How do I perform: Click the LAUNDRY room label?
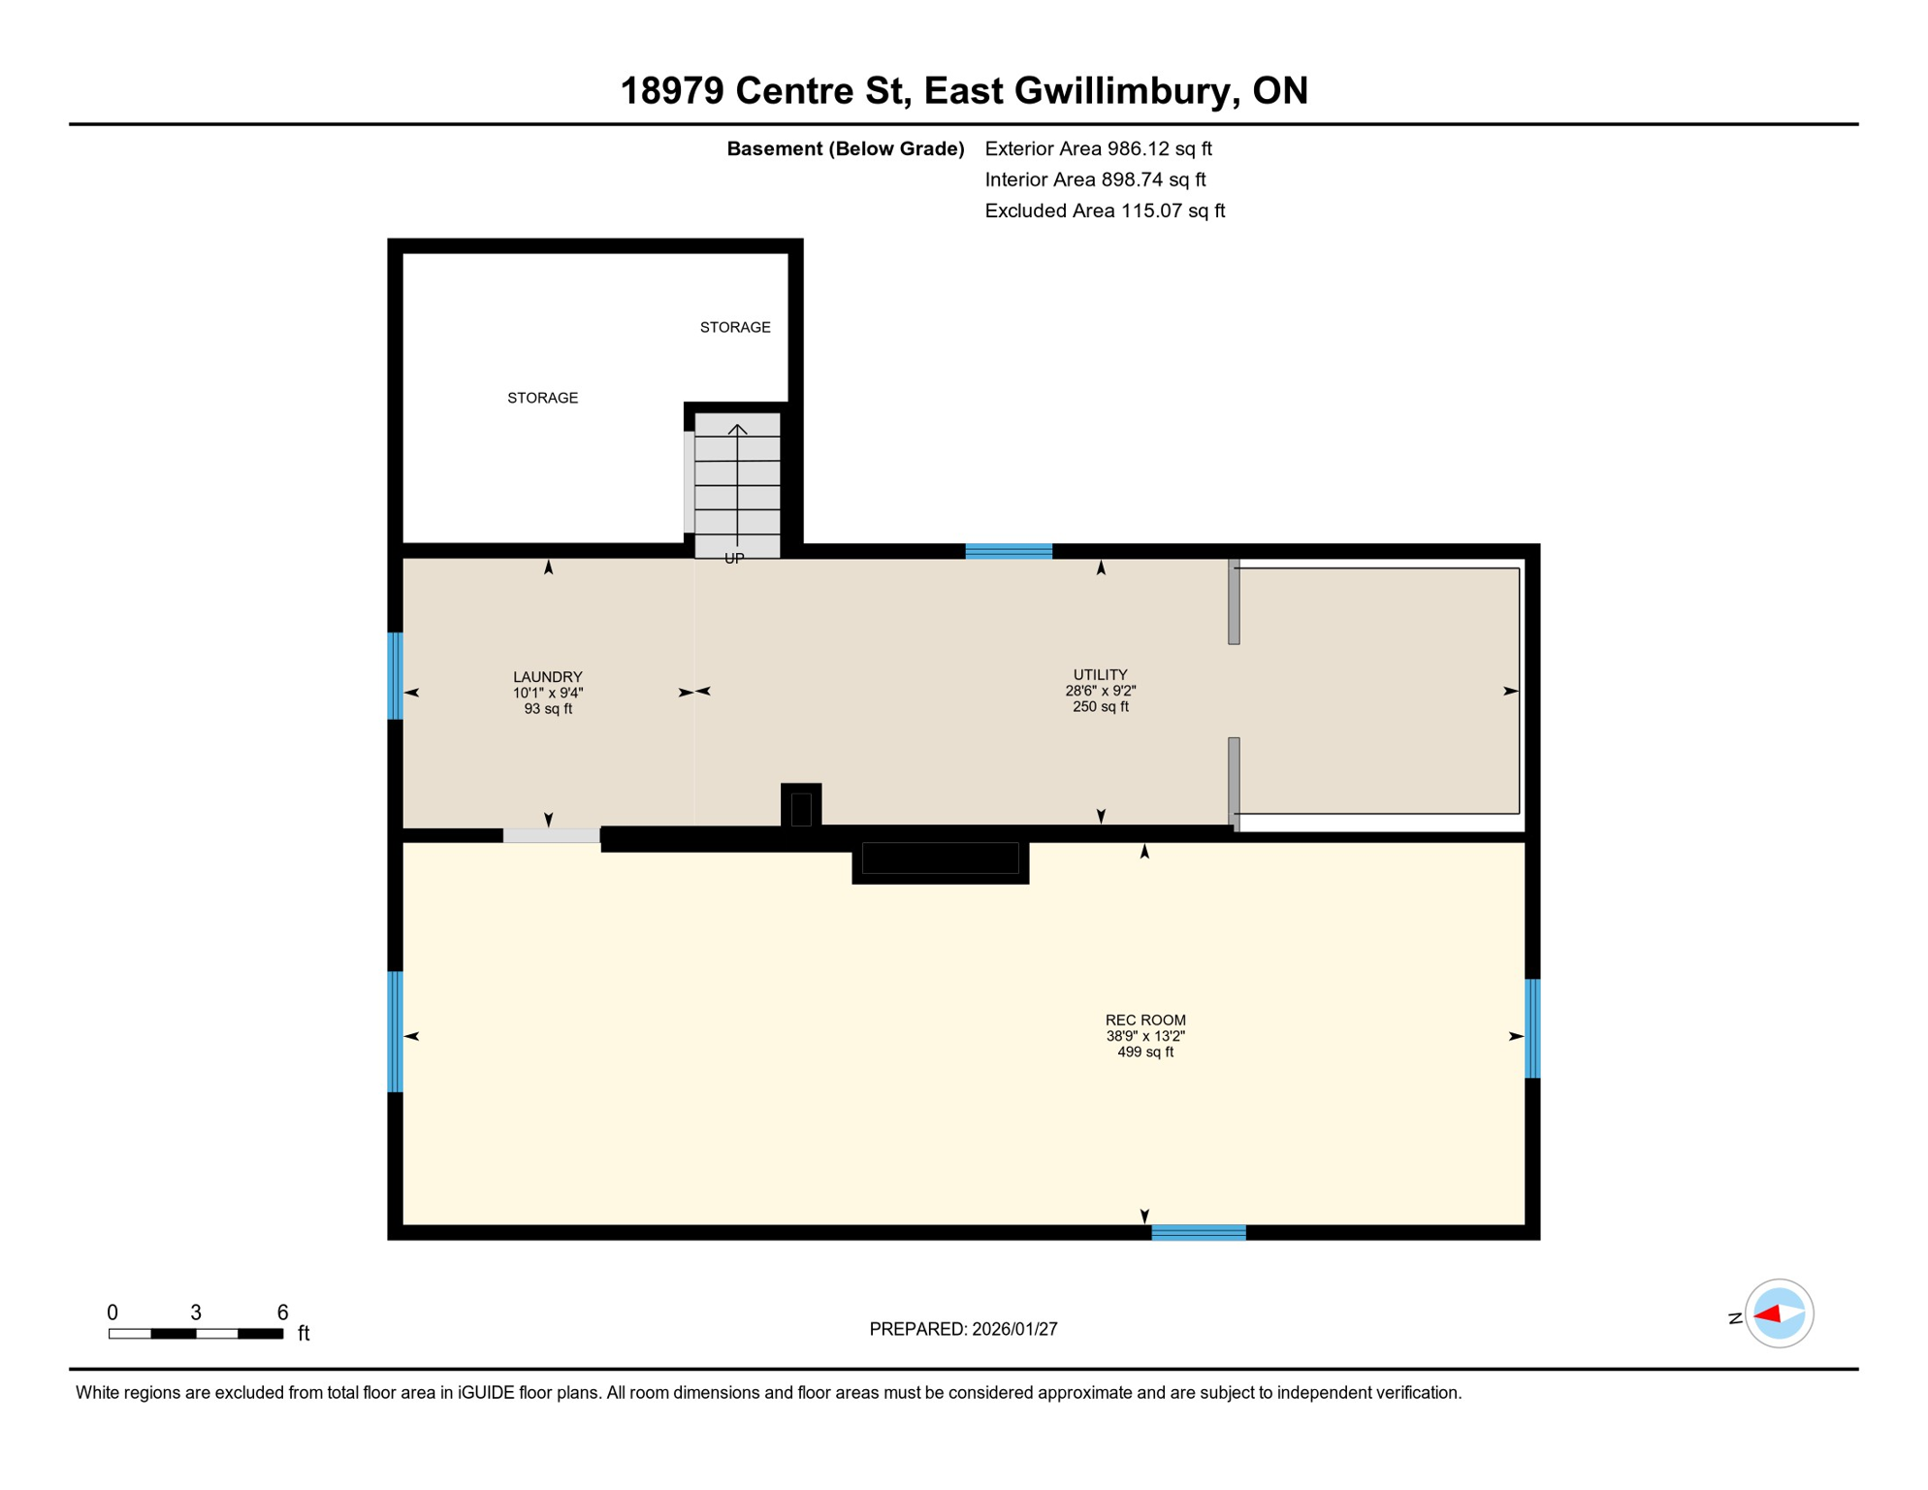(x=548, y=677)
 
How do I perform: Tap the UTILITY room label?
(x=1100, y=675)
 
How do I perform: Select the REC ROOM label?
(x=1145, y=1020)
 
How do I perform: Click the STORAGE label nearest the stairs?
(x=735, y=328)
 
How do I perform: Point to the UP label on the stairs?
(x=734, y=559)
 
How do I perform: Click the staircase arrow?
(x=738, y=485)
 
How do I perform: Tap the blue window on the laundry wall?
(x=395, y=676)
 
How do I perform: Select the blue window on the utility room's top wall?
(x=1009, y=551)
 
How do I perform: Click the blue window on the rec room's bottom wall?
(x=1199, y=1233)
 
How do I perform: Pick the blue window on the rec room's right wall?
(x=1532, y=1029)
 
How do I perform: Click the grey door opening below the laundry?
(x=551, y=835)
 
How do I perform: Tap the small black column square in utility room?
(x=801, y=807)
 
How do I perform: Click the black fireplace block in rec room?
(x=940, y=859)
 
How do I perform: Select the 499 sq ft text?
(x=1145, y=1053)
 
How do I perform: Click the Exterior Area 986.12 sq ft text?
(x=1098, y=148)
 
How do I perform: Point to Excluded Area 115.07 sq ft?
(x=1105, y=211)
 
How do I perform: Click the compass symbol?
(x=1779, y=1313)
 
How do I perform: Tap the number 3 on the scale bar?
(x=196, y=1312)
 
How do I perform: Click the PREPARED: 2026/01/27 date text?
(x=963, y=1329)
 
